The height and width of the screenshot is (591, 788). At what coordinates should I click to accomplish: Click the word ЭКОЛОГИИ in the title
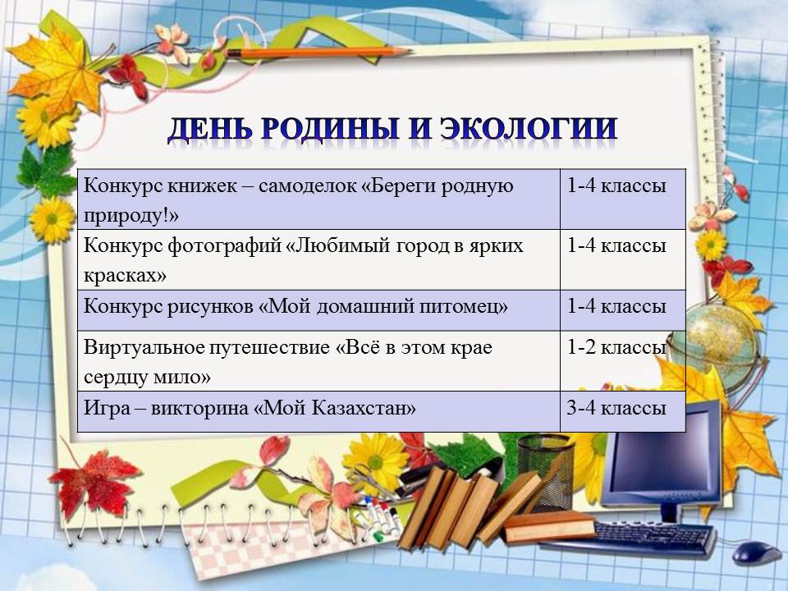[529, 128]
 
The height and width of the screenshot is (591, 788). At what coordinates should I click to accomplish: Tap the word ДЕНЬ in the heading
[209, 129]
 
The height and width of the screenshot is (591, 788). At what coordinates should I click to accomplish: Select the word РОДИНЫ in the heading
[330, 129]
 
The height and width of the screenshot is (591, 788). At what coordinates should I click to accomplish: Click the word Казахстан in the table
[364, 408]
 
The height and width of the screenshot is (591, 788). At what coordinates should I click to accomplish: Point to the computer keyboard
[653, 538]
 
